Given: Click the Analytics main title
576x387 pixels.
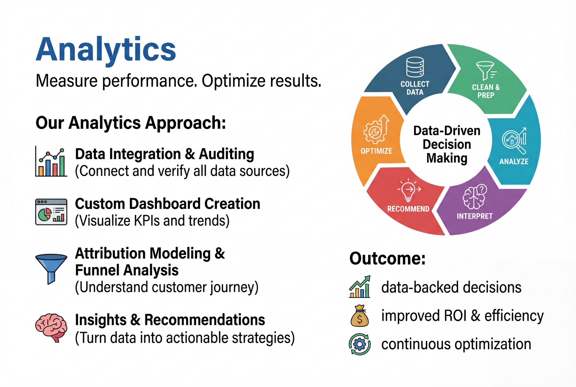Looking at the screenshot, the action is click(106, 50).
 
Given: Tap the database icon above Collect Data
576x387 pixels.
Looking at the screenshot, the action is click(415, 67).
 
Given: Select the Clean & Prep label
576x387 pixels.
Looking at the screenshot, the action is click(486, 91).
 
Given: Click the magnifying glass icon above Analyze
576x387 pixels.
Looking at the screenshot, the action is click(514, 141).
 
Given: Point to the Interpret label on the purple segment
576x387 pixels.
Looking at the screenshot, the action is click(475, 216).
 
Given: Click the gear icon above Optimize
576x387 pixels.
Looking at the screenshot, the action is click(376, 130).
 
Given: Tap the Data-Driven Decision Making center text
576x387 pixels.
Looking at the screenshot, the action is click(447, 144).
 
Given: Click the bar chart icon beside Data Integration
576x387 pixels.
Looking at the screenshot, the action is click(51, 162).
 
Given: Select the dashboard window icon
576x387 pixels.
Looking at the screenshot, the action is click(51, 212).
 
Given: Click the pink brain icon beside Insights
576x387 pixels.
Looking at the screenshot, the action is click(51, 328).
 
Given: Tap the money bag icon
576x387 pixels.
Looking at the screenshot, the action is click(360, 316).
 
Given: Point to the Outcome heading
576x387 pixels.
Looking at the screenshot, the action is click(387, 258).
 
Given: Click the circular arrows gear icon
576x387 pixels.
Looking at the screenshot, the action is click(360, 344).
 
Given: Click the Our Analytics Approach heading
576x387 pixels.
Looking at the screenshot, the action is click(131, 123).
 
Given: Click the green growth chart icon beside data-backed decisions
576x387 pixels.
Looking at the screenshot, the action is click(360, 287).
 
